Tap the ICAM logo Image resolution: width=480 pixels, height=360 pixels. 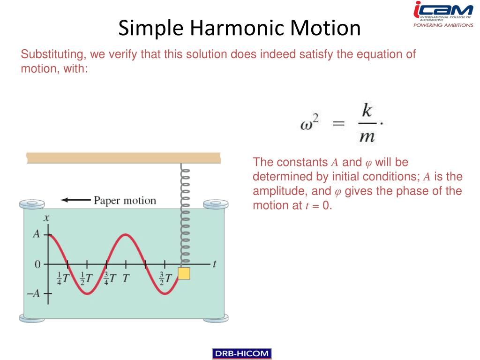pyautogui.click(x=443, y=15)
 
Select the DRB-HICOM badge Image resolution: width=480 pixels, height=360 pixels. pyautogui.click(x=241, y=353)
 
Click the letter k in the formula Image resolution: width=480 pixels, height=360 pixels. pyautogui.click(x=367, y=110)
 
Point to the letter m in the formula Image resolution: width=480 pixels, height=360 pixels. pyautogui.click(x=367, y=137)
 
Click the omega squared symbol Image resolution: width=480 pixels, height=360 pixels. pyautogui.click(x=309, y=122)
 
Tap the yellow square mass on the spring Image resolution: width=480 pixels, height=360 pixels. pyautogui.click(x=184, y=273)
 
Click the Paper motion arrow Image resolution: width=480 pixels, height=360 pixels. pyautogui.click(x=75, y=200)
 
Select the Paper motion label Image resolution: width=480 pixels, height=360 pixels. pyautogui.click(x=125, y=201)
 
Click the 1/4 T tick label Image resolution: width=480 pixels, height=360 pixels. pyautogui.click(x=63, y=278)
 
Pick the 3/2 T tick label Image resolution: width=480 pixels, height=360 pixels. pyautogui.click(x=165, y=278)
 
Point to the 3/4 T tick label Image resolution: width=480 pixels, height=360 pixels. pyautogui.click(x=110, y=278)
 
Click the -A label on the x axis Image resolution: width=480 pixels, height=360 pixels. pyautogui.click(x=33, y=293)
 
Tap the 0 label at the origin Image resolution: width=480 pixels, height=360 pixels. pyautogui.click(x=37, y=264)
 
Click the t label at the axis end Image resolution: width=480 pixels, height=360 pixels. pyautogui.click(x=215, y=263)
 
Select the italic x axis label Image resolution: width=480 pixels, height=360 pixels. pyautogui.click(x=46, y=218)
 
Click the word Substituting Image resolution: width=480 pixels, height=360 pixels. pyautogui.click(x=52, y=54)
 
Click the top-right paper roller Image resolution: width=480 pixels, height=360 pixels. pyautogui.click(x=216, y=203)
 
